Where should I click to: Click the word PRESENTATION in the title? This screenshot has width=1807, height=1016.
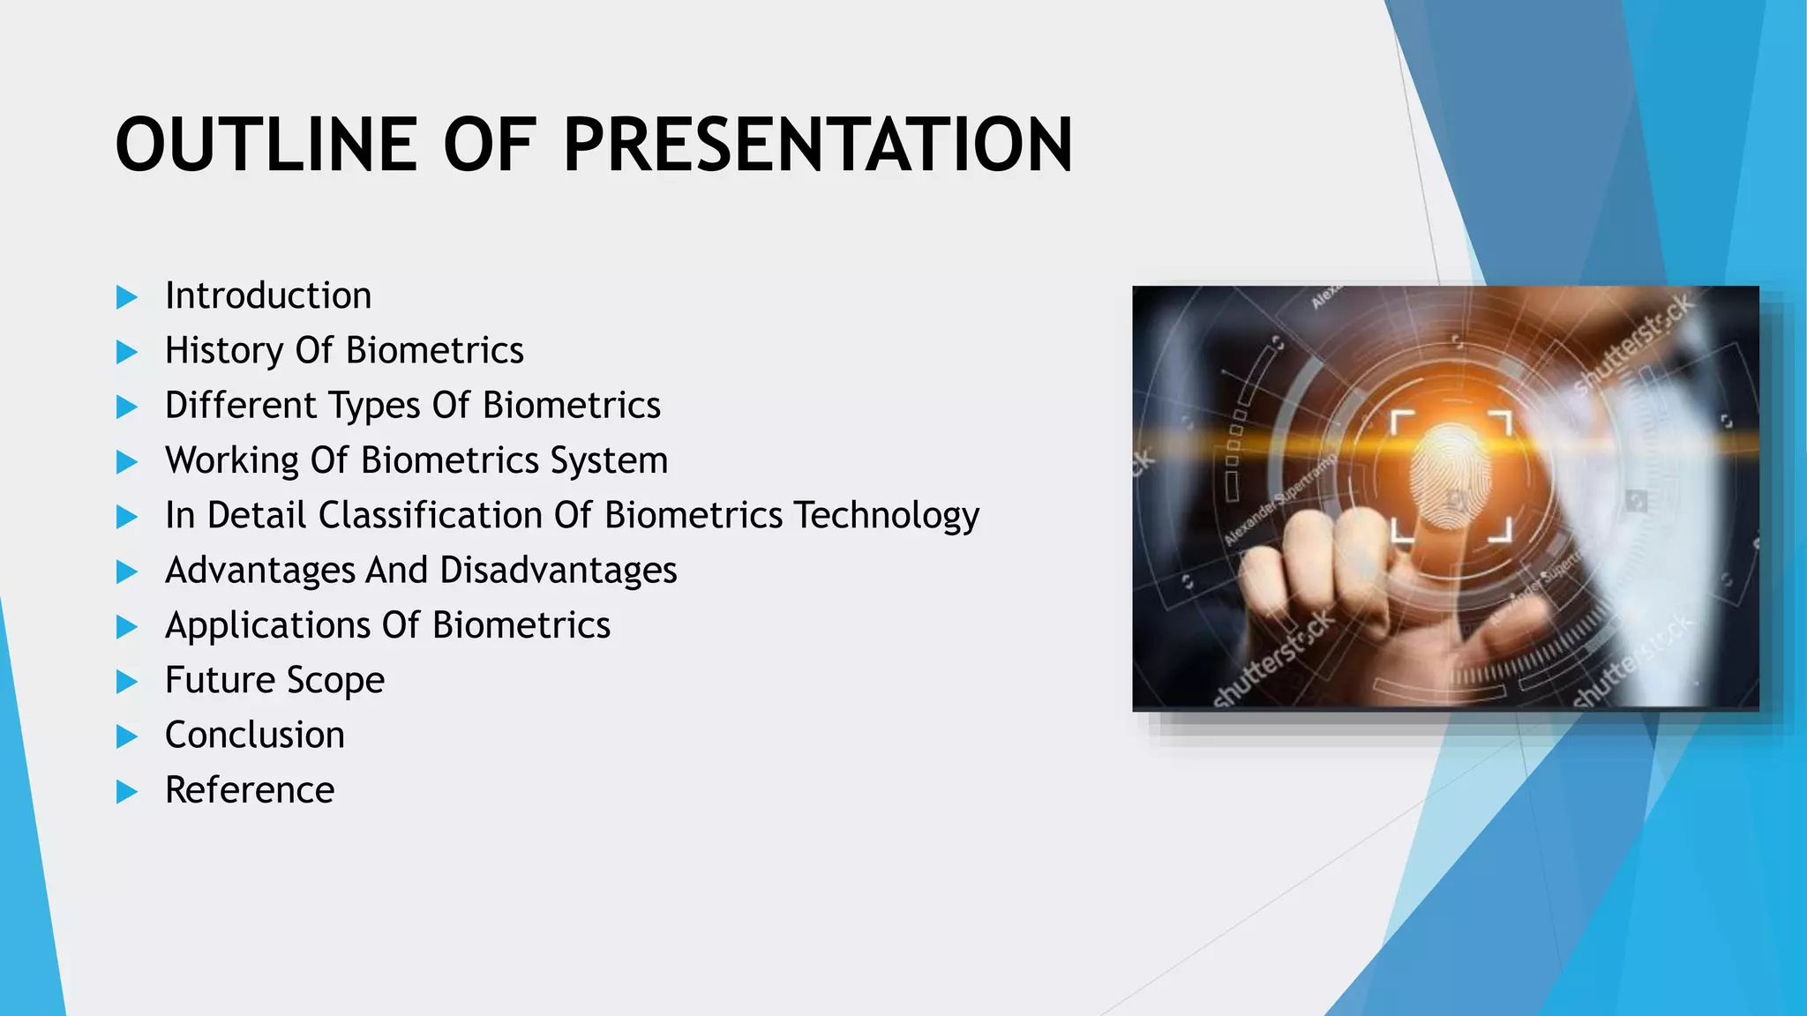(x=818, y=146)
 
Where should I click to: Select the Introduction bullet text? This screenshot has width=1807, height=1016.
(x=268, y=295)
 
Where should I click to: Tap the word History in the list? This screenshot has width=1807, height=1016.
(x=223, y=351)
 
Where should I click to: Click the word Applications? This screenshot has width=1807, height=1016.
(x=267, y=626)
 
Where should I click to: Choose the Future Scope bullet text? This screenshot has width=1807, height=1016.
(x=274, y=681)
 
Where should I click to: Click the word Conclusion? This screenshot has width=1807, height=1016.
(x=254, y=736)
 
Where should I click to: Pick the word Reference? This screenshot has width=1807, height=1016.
(x=250, y=790)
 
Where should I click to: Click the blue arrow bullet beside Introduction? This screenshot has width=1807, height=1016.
(x=127, y=297)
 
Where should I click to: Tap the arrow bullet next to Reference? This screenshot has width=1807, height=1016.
(x=127, y=792)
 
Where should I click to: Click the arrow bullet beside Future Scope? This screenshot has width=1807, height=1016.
(x=127, y=682)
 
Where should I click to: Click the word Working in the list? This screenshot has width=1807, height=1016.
(x=232, y=461)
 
